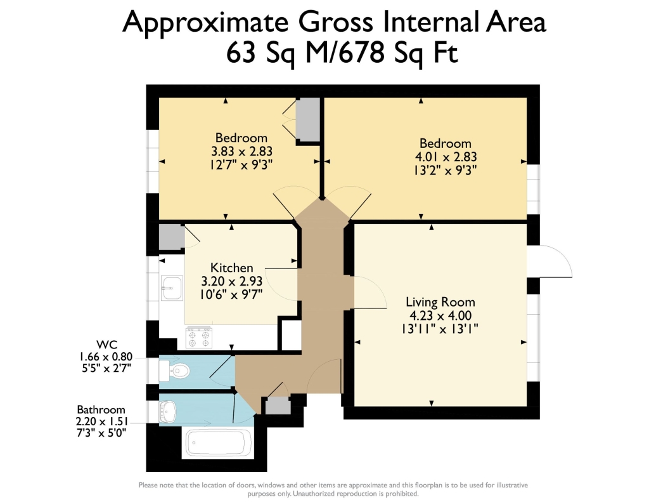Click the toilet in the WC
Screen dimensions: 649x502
click(175, 371)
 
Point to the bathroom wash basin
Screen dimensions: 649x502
click(168, 412)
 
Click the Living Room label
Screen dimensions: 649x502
click(440, 302)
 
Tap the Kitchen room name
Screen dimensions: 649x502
click(231, 268)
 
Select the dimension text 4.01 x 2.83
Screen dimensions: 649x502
click(446, 157)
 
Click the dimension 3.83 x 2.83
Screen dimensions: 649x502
click(241, 151)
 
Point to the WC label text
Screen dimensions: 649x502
click(106, 345)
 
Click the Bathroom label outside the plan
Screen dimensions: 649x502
click(101, 410)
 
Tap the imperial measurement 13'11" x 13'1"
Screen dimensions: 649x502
click(440, 329)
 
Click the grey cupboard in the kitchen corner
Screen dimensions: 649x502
click(172, 237)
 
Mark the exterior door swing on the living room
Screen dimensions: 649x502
click(549, 261)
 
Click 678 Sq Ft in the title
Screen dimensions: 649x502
click(399, 53)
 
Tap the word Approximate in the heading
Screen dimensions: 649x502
click(205, 22)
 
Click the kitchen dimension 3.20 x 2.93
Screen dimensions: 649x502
click(232, 281)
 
